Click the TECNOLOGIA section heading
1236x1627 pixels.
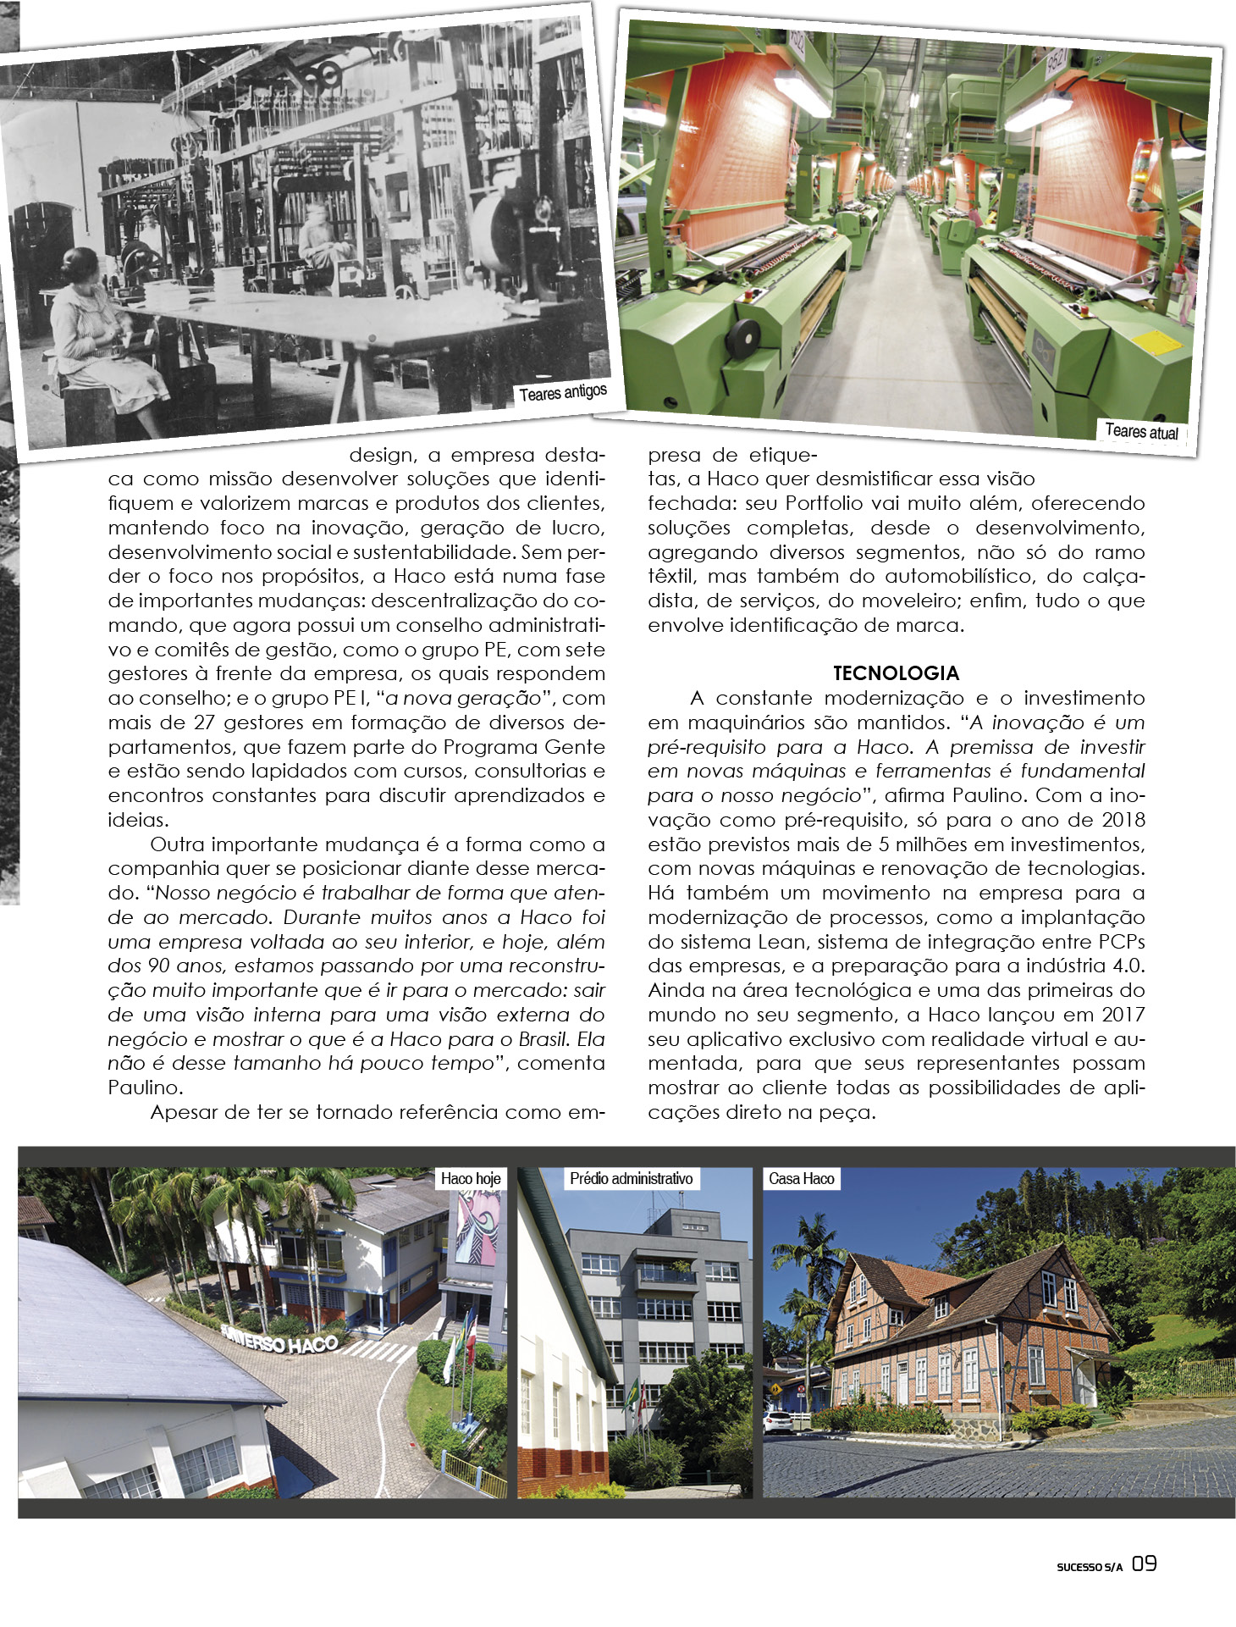(x=896, y=673)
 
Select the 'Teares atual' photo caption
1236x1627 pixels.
(x=1141, y=431)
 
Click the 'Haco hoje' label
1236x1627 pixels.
(x=471, y=1178)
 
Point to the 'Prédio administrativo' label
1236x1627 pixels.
(x=631, y=1178)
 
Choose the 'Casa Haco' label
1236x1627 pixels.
(x=801, y=1178)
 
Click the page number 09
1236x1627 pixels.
(x=1145, y=1563)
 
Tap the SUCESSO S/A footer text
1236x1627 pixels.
(x=1089, y=1567)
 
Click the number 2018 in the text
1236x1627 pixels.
(x=1123, y=820)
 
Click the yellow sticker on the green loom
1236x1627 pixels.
(x=1156, y=343)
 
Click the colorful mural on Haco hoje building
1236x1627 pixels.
(x=477, y=1228)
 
